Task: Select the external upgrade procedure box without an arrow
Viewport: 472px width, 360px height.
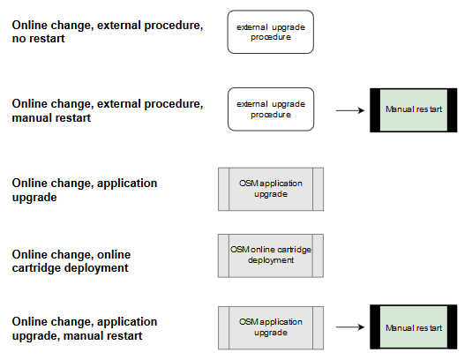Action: pos(271,32)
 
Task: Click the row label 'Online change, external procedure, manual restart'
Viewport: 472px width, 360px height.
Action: pos(107,110)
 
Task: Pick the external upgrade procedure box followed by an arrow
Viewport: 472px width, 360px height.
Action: pos(271,109)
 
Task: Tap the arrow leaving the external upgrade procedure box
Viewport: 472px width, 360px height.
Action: pos(349,110)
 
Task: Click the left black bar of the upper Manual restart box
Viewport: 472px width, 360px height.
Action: pos(375,110)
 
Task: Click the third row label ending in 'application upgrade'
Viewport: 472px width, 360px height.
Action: pos(85,190)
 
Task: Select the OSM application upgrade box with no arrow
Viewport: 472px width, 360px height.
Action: pos(271,188)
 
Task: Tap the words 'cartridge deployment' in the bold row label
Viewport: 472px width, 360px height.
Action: pos(70,267)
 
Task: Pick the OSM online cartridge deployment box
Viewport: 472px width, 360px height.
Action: pos(271,255)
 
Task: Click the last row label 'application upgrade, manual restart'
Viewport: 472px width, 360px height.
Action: pos(85,328)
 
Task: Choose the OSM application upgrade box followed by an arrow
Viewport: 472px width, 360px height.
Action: pos(271,327)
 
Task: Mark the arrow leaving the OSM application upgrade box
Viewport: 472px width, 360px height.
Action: pos(349,327)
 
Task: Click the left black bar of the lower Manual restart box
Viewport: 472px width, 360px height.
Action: pos(375,327)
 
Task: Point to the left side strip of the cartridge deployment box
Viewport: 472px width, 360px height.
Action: pos(224,255)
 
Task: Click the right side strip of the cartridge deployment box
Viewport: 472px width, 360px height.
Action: pos(318,255)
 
